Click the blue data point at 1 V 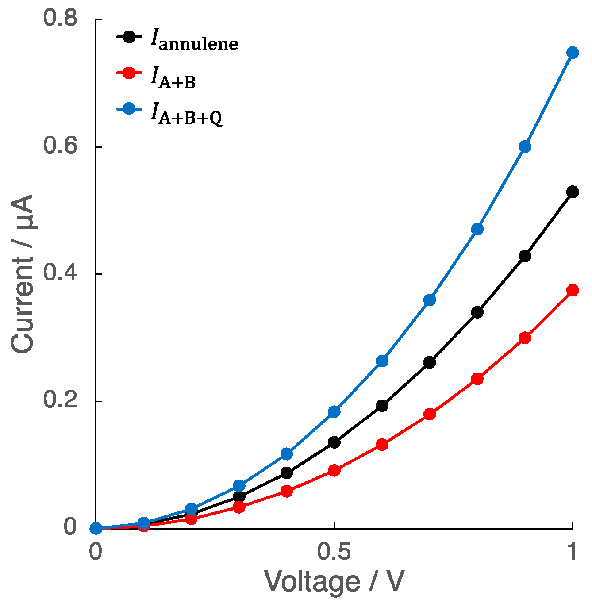(x=573, y=53)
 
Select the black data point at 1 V (x=573, y=192)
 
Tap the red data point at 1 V (x=573, y=290)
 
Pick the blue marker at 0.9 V (x=525, y=146)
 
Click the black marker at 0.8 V (x=477, y=312)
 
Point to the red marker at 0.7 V (x=429, y=414)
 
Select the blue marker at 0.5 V (x=334, y=412)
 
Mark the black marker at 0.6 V (x=382, y=406)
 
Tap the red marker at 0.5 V (x=334, y=470)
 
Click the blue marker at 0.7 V (x=429, y=300)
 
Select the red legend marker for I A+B (x=128, y=73)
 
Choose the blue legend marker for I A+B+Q (x=128, y=109)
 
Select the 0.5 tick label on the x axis (x=334, y=552)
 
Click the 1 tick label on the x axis (x=573, y=552)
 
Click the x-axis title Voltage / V (x=334, y=582)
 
